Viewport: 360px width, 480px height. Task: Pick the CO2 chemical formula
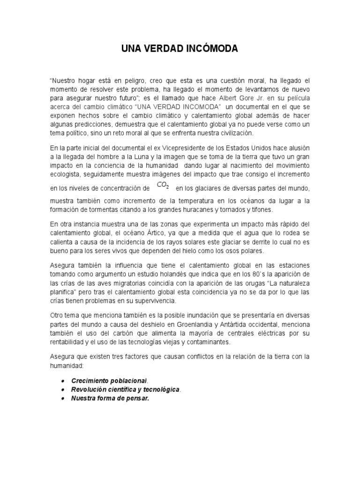point(163,186)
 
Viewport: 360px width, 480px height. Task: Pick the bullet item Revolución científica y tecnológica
point(125,390)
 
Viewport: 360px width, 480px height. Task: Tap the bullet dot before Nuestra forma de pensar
point(62,399)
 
